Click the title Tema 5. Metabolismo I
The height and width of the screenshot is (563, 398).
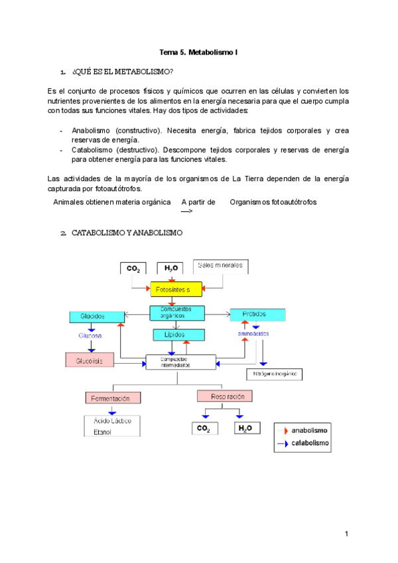point(198,52)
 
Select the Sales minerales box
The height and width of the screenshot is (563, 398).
point(221,266)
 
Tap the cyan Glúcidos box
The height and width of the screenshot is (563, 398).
point(97,317)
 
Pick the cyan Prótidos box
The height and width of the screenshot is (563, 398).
point(257,314)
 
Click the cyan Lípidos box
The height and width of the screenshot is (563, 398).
point(174,335)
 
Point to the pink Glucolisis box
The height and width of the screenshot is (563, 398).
point(90,360)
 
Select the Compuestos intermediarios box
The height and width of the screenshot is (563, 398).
point(180,362)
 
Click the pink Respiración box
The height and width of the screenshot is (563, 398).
point(225,396)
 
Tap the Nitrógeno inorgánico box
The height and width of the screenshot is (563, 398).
point(274,374)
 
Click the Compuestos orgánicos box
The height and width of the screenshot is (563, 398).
point(175,312)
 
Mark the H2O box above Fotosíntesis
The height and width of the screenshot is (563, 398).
point(170,268)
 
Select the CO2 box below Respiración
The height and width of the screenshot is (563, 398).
point(203,429)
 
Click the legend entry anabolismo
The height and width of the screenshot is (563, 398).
point(308,430)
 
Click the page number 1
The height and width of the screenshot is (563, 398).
point(346,534)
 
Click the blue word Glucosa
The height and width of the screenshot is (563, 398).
point(90,336)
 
